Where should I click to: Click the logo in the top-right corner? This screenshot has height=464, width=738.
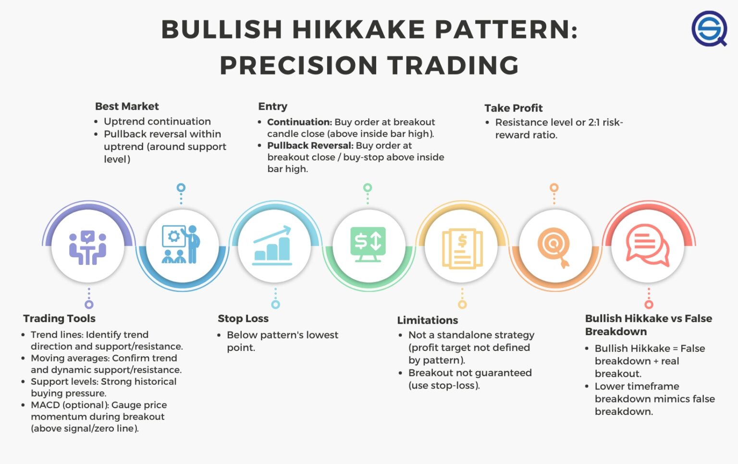coord(709,29)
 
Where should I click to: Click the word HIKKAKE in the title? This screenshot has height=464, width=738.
coord(358,30)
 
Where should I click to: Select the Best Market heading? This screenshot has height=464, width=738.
coord(127,106)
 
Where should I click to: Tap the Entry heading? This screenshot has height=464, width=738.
coord(272,106)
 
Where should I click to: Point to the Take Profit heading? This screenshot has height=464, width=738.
coord(513,108)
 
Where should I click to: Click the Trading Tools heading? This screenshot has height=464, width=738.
coord(59,318)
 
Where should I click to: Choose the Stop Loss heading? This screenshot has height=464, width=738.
coord(243,318)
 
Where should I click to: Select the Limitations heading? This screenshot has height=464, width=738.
coord(427,320)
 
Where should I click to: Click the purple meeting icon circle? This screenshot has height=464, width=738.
coord(87,247)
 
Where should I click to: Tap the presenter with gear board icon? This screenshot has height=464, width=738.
coord(181,245)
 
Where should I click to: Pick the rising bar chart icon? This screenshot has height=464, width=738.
coord(272,245)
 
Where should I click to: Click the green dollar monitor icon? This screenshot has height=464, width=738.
coord(368,245)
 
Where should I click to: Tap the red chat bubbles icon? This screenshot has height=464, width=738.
coord(647,245)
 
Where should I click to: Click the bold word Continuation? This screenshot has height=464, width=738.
coord(299,122)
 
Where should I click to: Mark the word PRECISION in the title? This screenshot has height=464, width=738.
coord(298,66)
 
